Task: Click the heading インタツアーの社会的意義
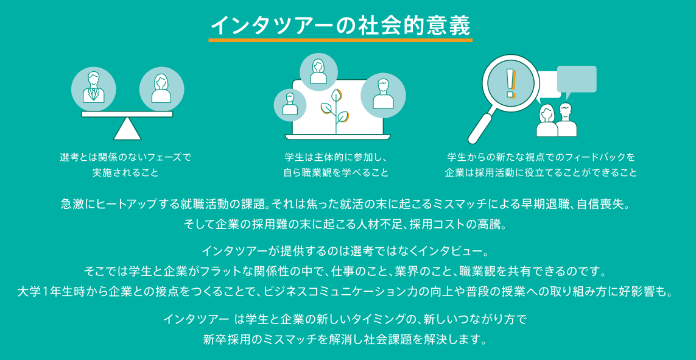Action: (x=340, y=25)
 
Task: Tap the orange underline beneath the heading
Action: (x=340, y=41)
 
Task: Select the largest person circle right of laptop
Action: (x=383, y=94)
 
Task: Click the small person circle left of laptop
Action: (x=290, y=105)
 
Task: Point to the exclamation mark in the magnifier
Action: (x=510, y=84)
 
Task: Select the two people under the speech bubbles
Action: (x=557, y=120)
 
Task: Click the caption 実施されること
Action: (x=125, y=172)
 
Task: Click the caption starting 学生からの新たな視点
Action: (x=541, y=157)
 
